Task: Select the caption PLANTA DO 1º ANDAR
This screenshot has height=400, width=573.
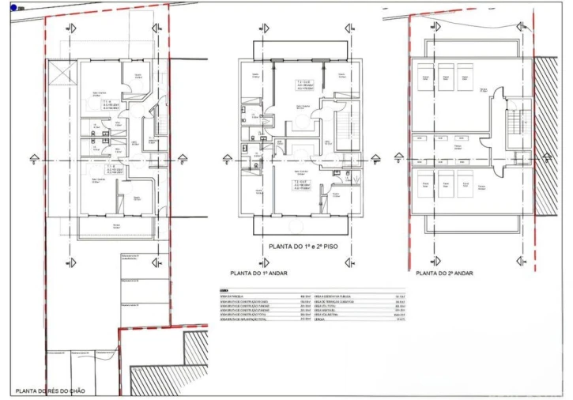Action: pyautogui.click(x=260, y=273)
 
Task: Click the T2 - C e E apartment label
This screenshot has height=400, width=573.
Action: pyautogui.click(x=305, y=85)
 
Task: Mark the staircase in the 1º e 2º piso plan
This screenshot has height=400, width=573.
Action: pyautogui.click(x=345, y=126)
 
